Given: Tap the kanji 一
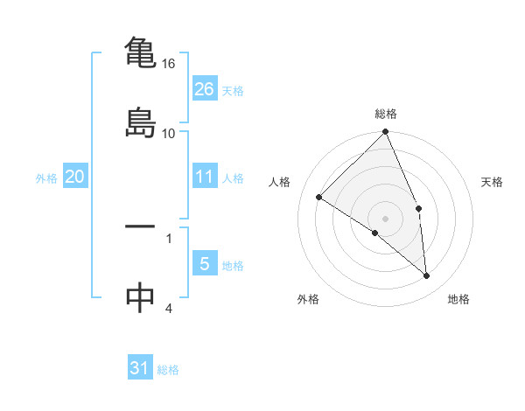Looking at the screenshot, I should coord(141,226).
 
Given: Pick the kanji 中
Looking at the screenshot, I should coord(141,296).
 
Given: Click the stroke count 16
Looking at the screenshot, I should coord(169,64).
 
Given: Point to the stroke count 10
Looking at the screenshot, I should coord(169,133).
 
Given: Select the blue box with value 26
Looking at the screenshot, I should coord(205,88).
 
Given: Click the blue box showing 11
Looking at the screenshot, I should coord(205,177).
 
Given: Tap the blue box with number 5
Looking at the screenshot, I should coord(205,264).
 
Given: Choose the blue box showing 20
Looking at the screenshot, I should coord(74,177).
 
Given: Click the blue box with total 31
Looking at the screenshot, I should coord(140,368).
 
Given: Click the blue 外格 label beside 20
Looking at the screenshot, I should coord(46,178).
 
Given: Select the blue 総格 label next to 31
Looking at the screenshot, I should coord(168,370).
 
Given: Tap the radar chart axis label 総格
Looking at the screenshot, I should coord(386,115).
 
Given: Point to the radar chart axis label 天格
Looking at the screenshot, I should coord(492,182).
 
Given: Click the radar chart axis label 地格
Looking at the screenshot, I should coord(458,299).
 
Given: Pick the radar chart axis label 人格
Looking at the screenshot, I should coord(280,182).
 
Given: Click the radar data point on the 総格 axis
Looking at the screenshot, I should coord(386,133).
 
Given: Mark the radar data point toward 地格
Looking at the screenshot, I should coord(427,276).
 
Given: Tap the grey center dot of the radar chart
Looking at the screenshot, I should coord(386,217).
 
